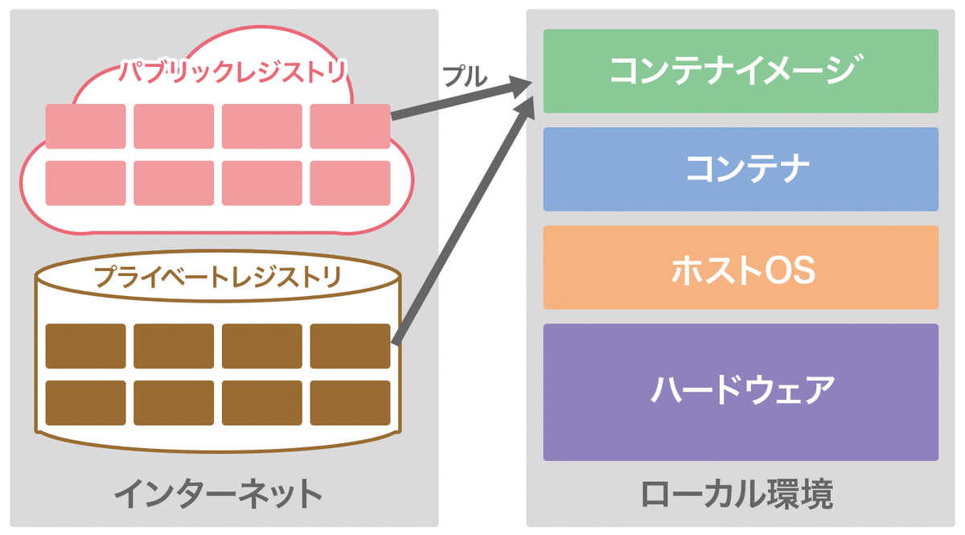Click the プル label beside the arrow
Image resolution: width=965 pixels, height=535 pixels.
tap(465, 76)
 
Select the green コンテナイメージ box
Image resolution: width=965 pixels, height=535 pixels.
tap(741, 71)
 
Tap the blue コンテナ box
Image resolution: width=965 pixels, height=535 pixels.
tap(741, 169)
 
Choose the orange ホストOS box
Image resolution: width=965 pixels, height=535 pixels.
tap(741, 267)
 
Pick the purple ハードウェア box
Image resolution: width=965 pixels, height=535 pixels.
tap(741, 392)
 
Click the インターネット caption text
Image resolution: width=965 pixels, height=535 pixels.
tap(218, 495)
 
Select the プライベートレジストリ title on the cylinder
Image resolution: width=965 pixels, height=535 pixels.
tap(218, 278)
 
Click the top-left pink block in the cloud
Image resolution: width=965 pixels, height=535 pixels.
tap(85, 126)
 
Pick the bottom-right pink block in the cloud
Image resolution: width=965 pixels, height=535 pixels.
tap(350, 183)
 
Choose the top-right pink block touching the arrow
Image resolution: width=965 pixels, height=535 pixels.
tap(350, 126)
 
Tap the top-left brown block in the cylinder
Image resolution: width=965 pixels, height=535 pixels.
tap(85, 346)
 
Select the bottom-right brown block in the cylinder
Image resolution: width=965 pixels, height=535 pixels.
tap(350, 402)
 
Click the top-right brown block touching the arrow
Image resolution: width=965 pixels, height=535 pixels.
tap(350, 346)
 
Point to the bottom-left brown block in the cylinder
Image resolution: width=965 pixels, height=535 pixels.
tap(85, 402)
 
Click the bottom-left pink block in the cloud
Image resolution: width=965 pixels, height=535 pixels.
tap(85, 183)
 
